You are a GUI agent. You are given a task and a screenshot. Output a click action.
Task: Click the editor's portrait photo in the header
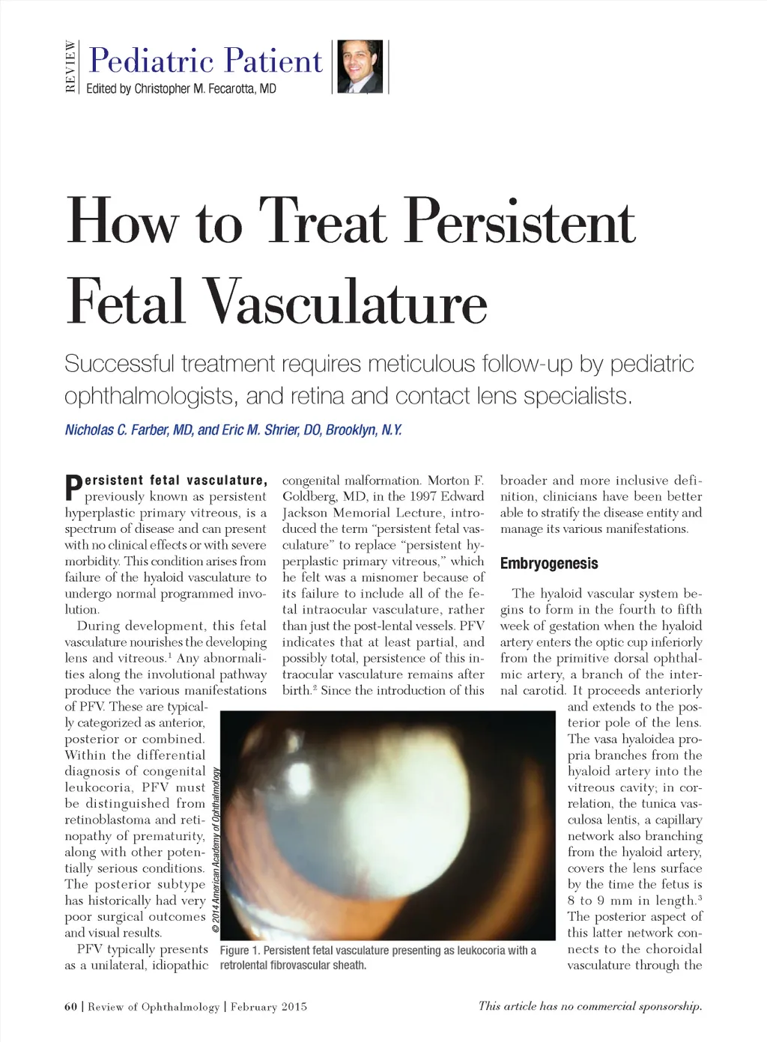pos(360,67)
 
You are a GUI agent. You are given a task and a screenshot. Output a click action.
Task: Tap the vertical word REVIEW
pos(70,67)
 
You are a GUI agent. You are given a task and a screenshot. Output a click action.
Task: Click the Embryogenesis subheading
pos(549,564)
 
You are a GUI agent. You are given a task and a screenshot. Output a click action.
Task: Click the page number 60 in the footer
pos(70,1007)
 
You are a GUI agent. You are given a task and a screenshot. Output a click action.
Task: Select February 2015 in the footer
pos(268,1007)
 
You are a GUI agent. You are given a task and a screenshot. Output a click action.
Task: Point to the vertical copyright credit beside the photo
pos(216,850)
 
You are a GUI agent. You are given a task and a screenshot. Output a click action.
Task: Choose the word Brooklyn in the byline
pos(351,430)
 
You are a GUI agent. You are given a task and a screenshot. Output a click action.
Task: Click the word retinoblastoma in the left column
pos(109,820)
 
